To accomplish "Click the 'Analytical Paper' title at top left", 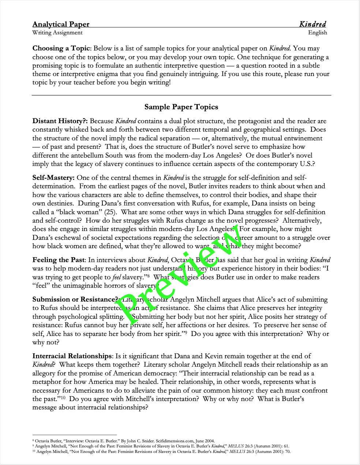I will [61, 24].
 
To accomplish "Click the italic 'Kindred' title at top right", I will [312, 24].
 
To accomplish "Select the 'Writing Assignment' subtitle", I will [57, 33].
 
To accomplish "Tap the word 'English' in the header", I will [317, 33].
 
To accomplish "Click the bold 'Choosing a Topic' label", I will [61, 48].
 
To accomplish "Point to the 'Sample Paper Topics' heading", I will [181, 107].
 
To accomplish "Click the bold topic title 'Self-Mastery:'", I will [53, 178].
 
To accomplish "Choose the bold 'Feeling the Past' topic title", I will [59, 260].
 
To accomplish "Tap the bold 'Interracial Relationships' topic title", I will [72, 356].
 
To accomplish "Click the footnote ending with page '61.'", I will [161, 446].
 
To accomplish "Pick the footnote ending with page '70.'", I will [161, 451].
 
